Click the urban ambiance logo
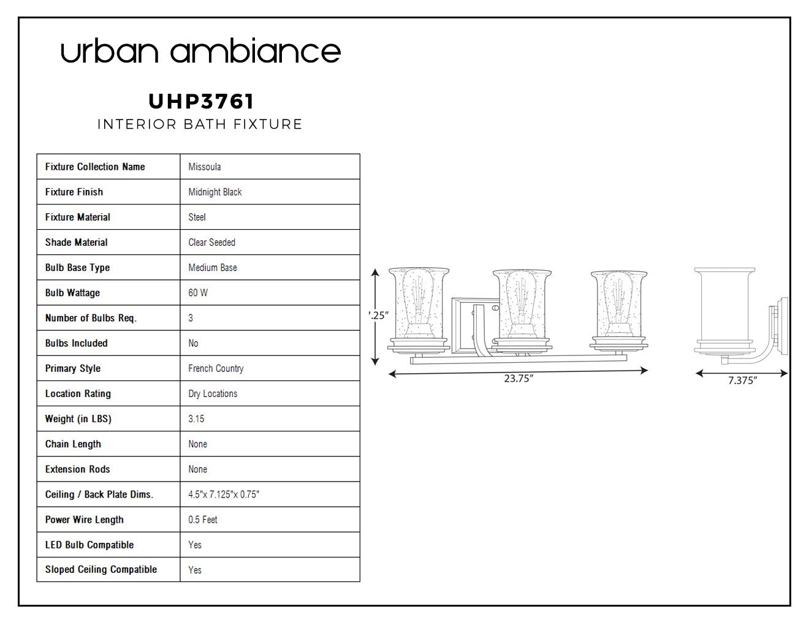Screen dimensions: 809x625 click(x=200, y=51)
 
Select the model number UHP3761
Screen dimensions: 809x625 click(x=201, y=101)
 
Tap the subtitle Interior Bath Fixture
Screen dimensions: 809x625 click(x=200, y=124)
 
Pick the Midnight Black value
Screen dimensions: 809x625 click(x=215, y=192)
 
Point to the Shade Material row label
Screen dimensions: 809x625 click(x=77, y=242)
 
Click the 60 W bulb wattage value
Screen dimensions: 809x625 click(x=198, y=292)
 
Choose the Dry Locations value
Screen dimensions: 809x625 click(x=213, y=393)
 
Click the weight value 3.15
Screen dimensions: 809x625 click(x=196, y=419)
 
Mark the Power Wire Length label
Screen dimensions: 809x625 click(x=84, y=520)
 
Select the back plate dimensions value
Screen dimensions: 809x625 click(x=223, y=494)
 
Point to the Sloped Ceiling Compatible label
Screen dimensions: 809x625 click(x=101, y=569)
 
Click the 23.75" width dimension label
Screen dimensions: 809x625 click(x=518, y=378)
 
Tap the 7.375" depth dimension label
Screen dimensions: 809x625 click(x=743, y=381)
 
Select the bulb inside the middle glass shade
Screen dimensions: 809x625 click(x=521, y=303)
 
